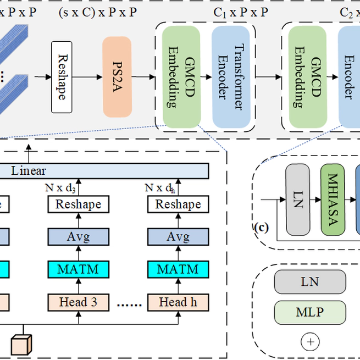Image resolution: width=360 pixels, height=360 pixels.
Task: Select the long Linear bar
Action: pos(104,171)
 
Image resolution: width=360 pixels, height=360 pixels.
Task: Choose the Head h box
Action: pos(178,302)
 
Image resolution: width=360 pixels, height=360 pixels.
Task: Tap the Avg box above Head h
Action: pos(178,237)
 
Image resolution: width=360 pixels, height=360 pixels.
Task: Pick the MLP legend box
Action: pos(310,312)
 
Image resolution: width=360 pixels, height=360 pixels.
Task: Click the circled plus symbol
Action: pos(310,342)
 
